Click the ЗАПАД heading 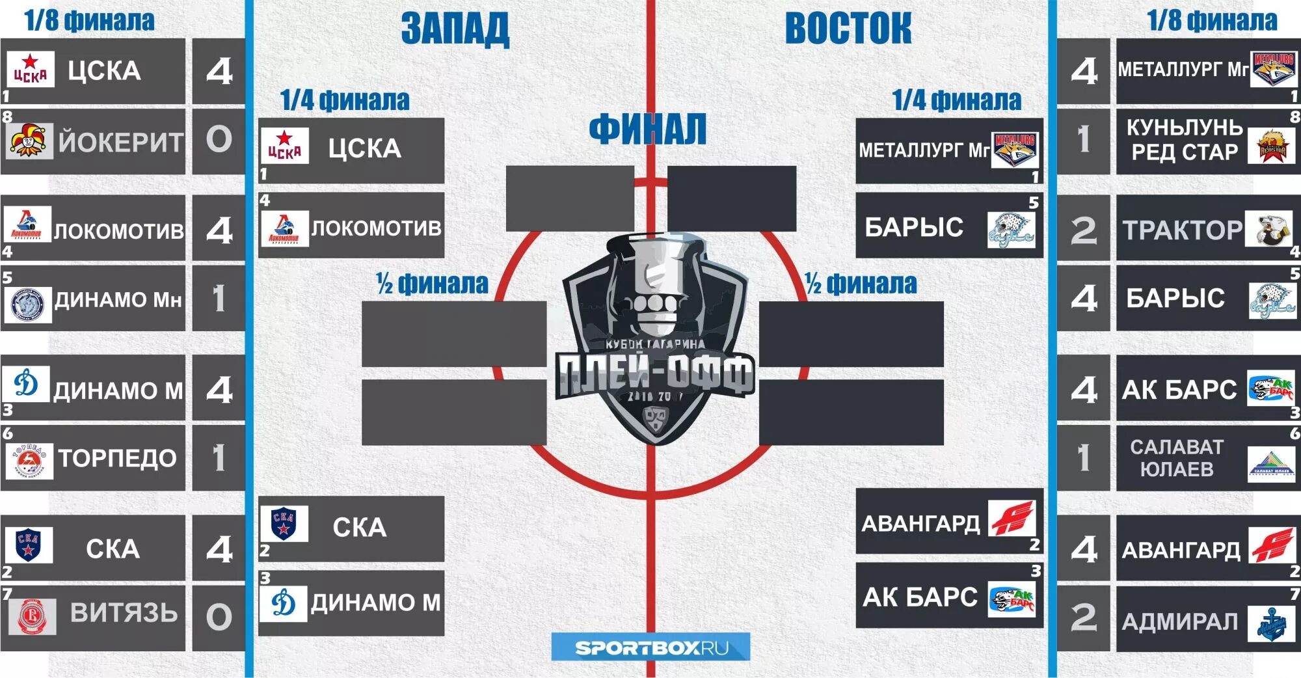pos(455,29)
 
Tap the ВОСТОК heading pos(848,29)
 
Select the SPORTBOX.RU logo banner pos(650,647)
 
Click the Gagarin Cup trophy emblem pos(654,338)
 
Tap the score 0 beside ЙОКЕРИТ pos(219,140)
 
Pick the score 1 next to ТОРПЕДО pos(219,457)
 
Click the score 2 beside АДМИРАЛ pos(1083,617)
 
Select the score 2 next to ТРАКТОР pos(1083,230)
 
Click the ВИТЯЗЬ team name pos(124,613)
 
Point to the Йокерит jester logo pos(29,141)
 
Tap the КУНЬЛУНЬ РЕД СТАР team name pos(1184,140)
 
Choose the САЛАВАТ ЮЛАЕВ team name pos(1177,457)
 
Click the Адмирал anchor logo pos(1271,624)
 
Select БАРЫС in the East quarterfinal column pos(914,227)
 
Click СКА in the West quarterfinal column pos(359,527)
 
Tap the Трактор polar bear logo pos(1268,229)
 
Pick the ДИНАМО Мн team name pos(118,300)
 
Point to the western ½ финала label pos(432,284)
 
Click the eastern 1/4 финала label pos(956,100)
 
